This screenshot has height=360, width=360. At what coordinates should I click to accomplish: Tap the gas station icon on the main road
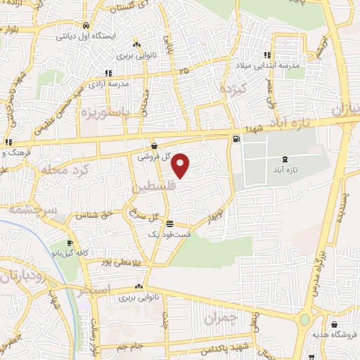tap(235, 139)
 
